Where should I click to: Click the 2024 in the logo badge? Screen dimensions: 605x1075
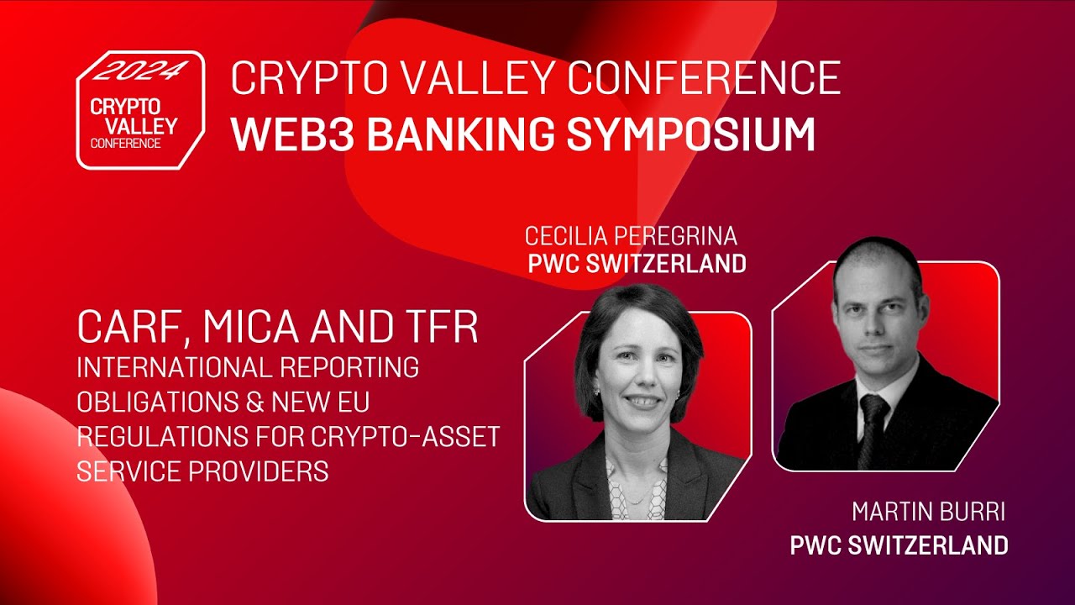tap(139, 71)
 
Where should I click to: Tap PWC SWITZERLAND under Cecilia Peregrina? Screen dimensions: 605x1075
tap(637, 263)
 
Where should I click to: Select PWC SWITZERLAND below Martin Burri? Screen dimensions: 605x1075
tap(899, 544)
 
